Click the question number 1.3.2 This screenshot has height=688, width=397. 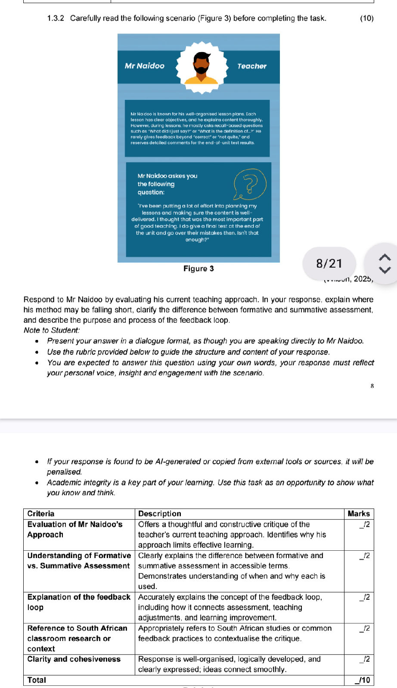pyautogui.click(x=56, y=18)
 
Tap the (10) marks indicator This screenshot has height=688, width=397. pyautogui.click(x=366, y=18)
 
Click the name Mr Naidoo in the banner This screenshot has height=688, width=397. pyautogui.click(x=145, y=66)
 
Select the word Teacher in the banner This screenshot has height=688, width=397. pyautogui.click(x=252, y=66)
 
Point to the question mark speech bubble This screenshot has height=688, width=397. pyautogui.click(x=250, y=185)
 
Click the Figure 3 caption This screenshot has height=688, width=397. pyautogui.click(x=198, y=268)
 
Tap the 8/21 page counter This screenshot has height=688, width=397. pyautogui.click(x=329, y=263)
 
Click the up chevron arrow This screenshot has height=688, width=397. pyautogui.click(x=385, y=257)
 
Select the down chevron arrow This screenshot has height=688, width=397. pyautogui.click(x=385, y=270)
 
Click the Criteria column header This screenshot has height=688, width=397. pyautogui.click(x=41, y=513)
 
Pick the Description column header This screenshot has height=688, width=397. pyautogui.click(x=160, y=513)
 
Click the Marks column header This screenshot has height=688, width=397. pyautogui.click(x=359, y=513)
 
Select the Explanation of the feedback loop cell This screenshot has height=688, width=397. pyautogui.click(x=79, y=602)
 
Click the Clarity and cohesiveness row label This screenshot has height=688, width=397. pyautogui.click(x=74, y=659)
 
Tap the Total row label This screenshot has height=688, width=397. pyautogui.click(x=37, y=680)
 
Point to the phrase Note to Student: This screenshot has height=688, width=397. pyautogui.click(x=52, y=330)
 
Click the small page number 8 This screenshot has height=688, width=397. pyautogui.click(x=372, y=386)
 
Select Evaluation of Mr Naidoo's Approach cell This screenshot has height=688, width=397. pyautogui.click(x=75, y=529)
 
